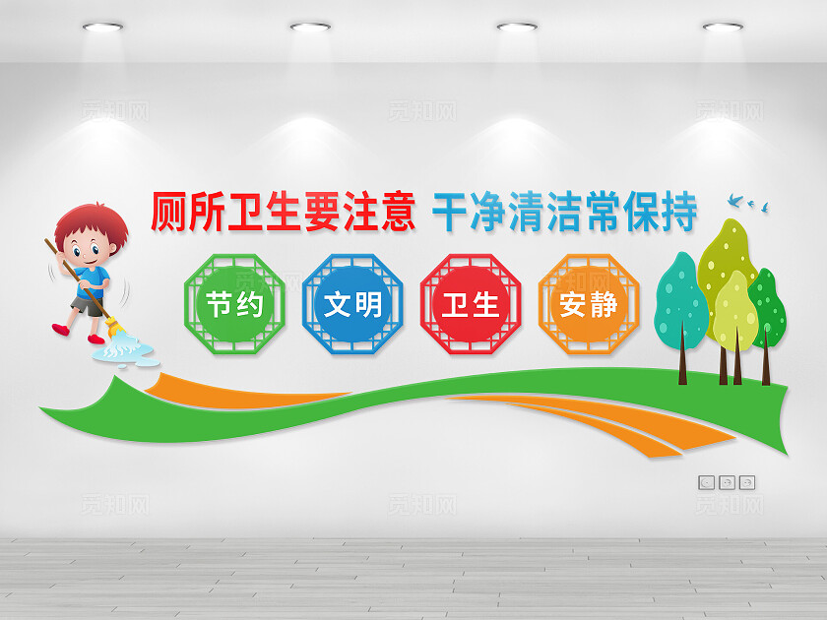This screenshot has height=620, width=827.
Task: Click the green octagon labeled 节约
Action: pos(235,304)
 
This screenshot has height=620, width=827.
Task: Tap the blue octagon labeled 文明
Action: pos(352,304)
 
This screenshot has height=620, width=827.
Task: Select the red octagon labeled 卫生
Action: pos(470,304)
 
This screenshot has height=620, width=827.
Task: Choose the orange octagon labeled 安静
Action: pos(588,304)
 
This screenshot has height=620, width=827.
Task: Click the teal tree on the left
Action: pos(680,300)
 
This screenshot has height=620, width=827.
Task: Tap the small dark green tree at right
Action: pos(768,310)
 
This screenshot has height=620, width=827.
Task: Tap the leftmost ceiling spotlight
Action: pos(102,26)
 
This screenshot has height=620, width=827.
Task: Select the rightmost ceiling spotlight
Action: pos(723,26)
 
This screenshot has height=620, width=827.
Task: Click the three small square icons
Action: pos(727,482)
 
